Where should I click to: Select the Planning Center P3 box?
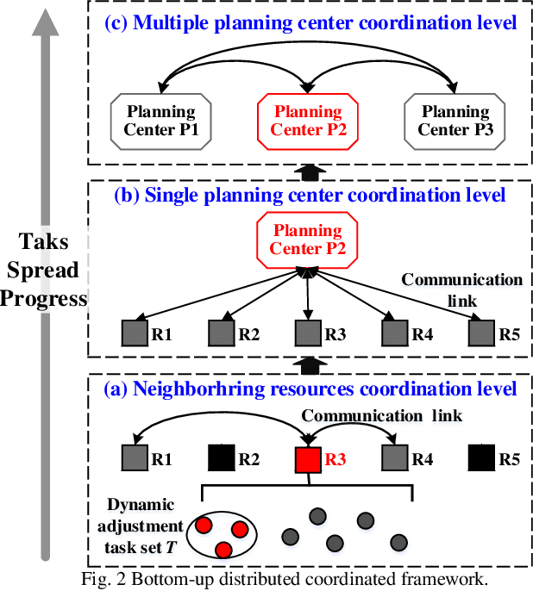455,121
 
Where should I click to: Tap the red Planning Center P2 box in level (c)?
308,121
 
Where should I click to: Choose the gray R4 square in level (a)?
394,460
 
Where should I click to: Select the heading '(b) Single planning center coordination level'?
310,196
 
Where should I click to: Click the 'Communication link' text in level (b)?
461,289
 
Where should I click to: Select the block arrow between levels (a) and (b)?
308,364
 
